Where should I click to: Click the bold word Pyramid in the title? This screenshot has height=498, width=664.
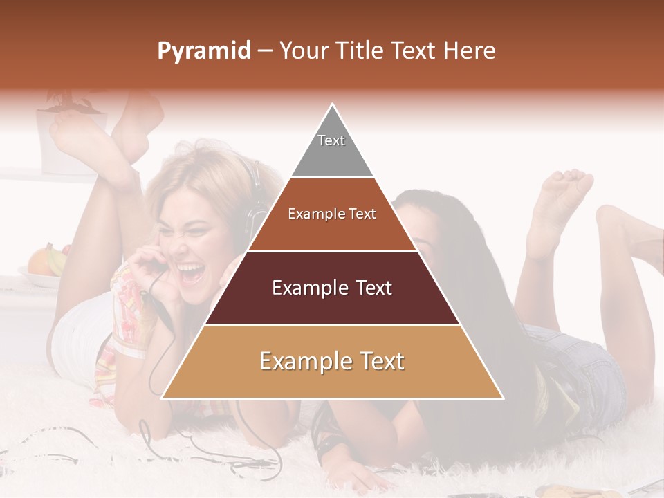click(x=204, y=51)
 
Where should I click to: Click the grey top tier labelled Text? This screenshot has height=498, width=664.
click(x=332, y=149)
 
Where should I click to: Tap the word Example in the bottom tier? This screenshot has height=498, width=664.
click(x=302, y=361)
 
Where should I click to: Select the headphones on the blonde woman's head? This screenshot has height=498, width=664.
click(x=256, y=201)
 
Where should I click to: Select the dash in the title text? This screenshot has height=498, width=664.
click(x=264, y=51)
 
